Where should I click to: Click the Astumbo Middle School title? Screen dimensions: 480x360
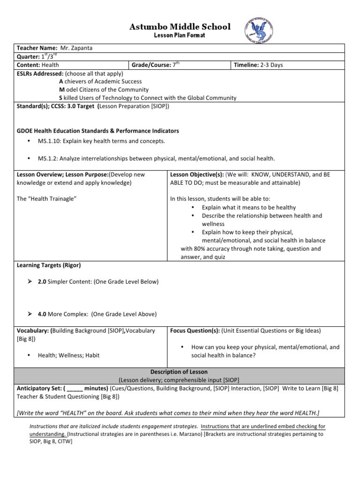180,27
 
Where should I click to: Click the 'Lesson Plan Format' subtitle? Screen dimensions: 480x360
180,36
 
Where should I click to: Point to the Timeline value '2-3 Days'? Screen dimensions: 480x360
272,65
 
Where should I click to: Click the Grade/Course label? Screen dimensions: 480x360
151,65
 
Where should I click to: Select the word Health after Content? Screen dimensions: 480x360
51,65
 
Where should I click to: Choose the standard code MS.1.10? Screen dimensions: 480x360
49,141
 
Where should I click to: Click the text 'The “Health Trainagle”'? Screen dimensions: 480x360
46,199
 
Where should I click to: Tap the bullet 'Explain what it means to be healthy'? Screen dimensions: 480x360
248,207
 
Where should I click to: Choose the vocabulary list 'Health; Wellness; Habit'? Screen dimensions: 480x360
68,355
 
